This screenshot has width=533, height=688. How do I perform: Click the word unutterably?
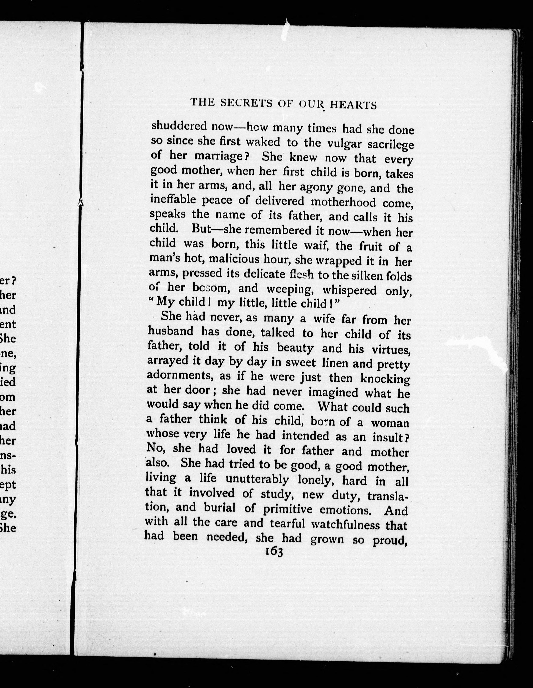tap(257, 479)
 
